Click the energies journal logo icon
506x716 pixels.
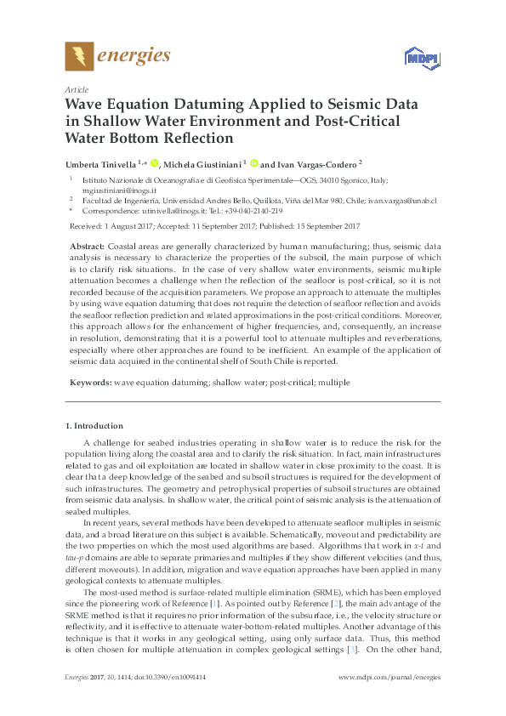point(79,56)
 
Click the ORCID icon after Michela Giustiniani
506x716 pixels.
point(253,163)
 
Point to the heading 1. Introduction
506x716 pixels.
point(94,425)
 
